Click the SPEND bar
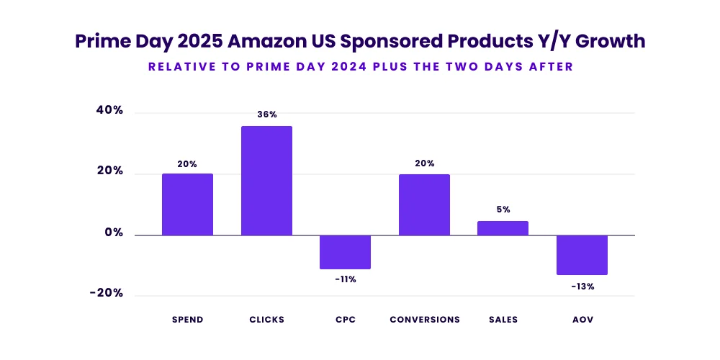(x=187, y=204)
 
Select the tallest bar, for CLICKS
(x=266, y=181)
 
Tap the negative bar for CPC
(x=345, y=252)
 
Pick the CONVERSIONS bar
(x=424, y=204)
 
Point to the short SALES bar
(x=503, y=228)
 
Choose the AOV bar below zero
(x=582, y=255)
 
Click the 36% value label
(x=267, y=114)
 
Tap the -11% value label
(x=346, y=279)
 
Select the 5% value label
(x=503, y=210)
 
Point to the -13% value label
(x=582, y=286)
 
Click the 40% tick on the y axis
(x=109, y=111)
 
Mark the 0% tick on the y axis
(x=113, y=233)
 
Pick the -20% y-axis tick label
(x=107, y=293)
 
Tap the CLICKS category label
(x=266, y=320)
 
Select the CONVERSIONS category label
(x=425, y=320)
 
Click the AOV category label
(x=582, y=320)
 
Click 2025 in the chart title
(x=197, y=42)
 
